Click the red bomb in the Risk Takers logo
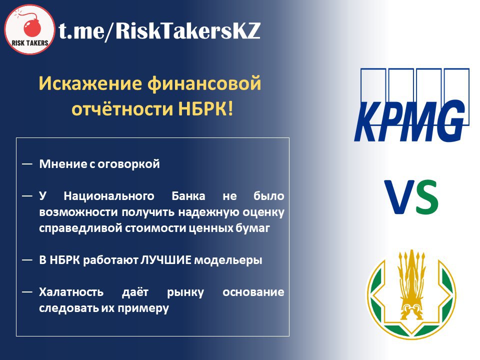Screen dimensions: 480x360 point(32,27)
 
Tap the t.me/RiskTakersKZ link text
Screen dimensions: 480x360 point(159,31)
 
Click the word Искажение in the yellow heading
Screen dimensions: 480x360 point(90,83)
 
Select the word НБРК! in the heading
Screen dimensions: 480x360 point(205,109)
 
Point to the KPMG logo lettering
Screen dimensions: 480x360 point(409,120)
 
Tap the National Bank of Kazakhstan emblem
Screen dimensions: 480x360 point(411,294)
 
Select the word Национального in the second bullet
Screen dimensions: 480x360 point(109,196)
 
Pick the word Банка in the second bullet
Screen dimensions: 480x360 point(188,196)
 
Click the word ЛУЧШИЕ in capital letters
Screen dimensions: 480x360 point(165,260)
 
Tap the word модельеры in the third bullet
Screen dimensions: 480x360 point(228,260)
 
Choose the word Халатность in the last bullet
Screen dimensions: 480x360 point(71,292)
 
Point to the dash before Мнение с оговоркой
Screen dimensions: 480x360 point(27,164)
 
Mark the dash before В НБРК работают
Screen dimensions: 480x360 point(27,260)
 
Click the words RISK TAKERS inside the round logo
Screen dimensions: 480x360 point(30,43)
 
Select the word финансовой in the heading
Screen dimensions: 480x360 point(204,83)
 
